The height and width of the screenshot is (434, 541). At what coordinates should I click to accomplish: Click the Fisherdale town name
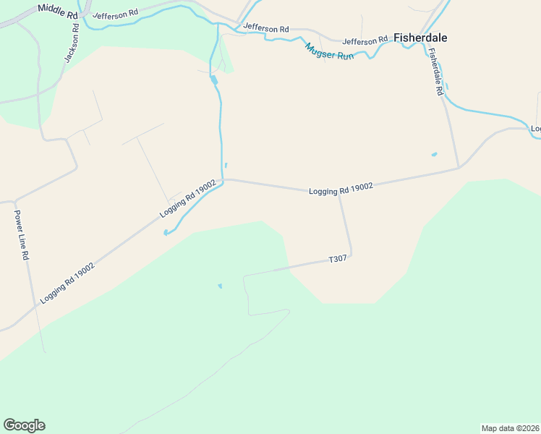click(x=419, y=38)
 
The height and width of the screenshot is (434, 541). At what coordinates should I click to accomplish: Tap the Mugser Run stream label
click(x=329, y=51)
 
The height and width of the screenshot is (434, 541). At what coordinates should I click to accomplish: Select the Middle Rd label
click(x=59, y=11)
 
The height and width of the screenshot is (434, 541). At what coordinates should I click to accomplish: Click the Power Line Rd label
click(x=21, y=235)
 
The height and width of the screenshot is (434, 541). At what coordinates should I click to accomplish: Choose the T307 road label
click(x=338, y=259)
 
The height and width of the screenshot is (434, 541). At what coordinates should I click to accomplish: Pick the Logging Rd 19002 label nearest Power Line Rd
click(x=67, y=282)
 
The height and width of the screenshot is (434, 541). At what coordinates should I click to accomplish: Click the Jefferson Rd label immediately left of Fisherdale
click(x=365, y=41)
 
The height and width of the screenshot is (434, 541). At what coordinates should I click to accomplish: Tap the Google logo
click(x=24, y=425)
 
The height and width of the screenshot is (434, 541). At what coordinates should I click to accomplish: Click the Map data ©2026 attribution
click(x=510, y=427)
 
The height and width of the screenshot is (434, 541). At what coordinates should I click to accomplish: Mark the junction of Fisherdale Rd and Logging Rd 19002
click(x=459, y=168)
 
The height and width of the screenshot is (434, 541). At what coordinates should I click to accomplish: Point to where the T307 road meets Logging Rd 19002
click(x=338, y=195)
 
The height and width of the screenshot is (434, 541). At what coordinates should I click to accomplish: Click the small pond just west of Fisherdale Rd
click(x=434, y=154)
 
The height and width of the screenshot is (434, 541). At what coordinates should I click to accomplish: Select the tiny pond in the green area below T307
click(x=220, y=286)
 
